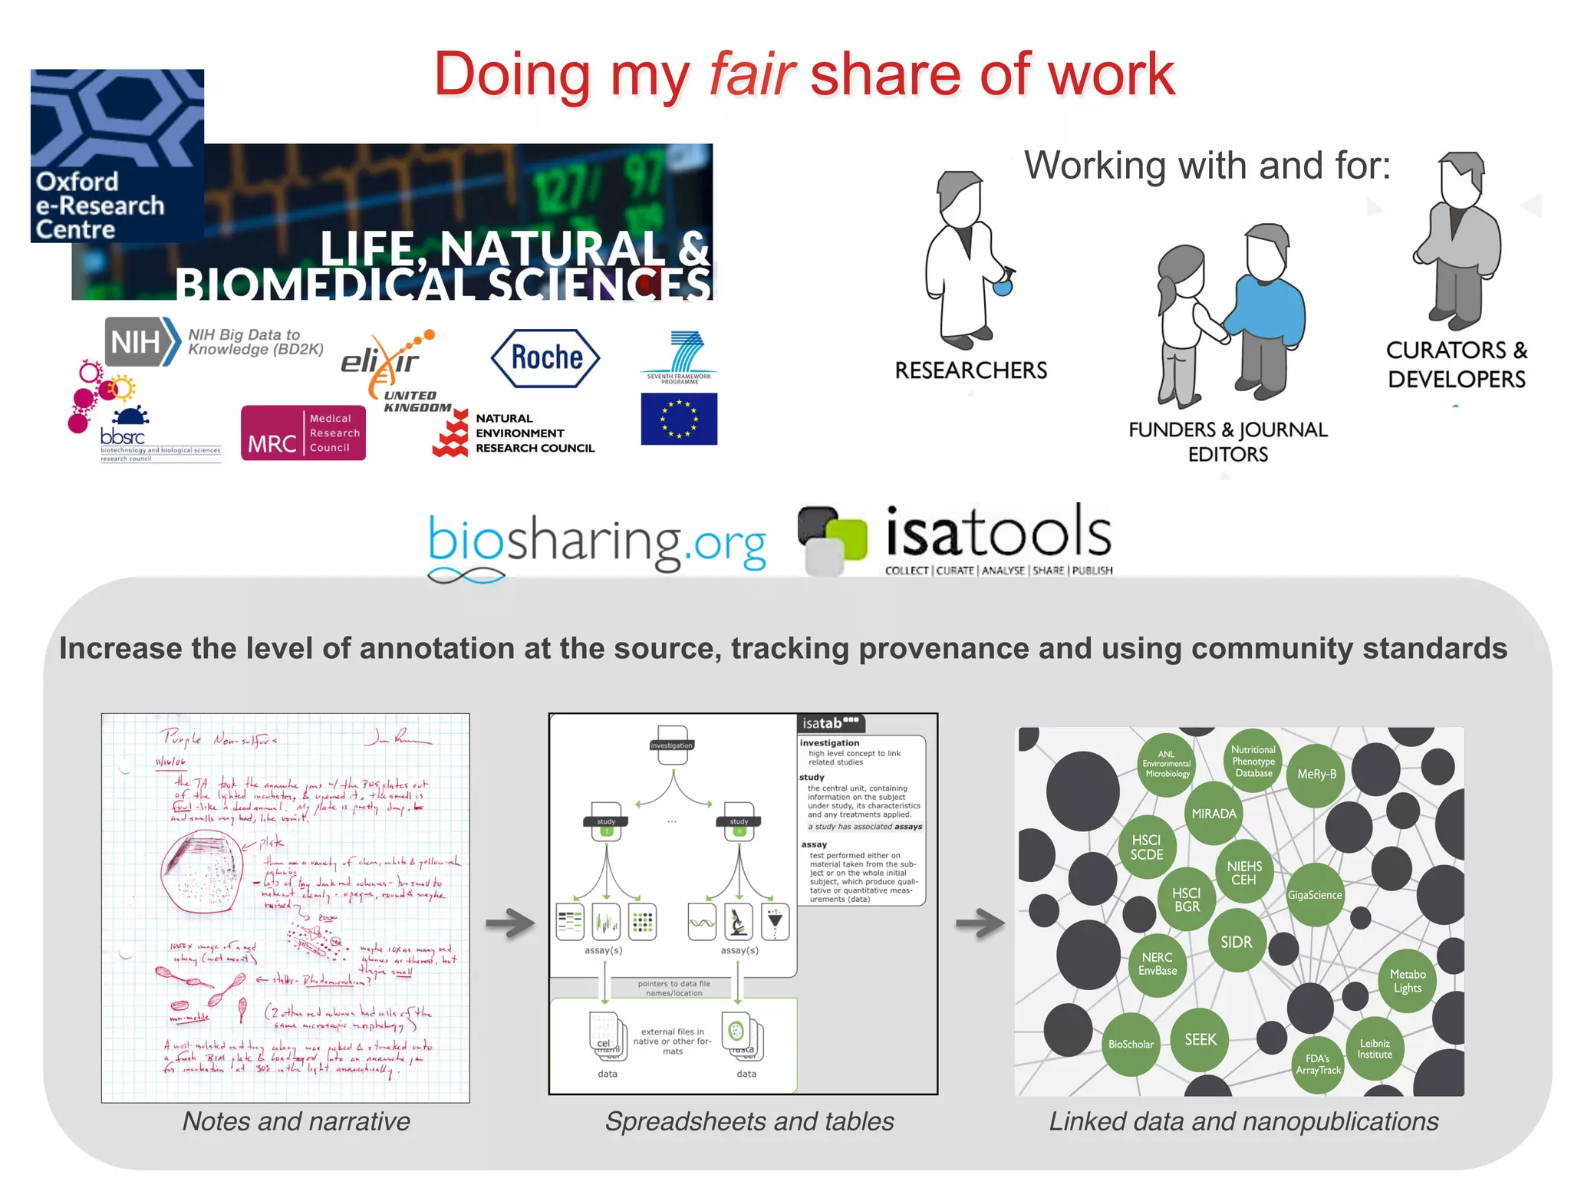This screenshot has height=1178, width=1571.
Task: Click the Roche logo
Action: [545, 358]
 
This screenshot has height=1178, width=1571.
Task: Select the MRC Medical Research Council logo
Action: [303, 433]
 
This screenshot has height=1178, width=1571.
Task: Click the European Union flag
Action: [679, 419]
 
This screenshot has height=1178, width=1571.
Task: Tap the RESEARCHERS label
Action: [970, 370]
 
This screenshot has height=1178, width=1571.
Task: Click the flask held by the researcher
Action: [1003, 286]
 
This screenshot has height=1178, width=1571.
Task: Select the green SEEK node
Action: [1200, 1040]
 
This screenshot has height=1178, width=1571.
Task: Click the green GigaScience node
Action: [1315, 895]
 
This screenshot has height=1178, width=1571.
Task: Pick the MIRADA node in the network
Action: [1214, 814]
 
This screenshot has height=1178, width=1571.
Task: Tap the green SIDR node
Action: [1236, 942]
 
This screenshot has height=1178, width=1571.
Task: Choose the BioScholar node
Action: [1131, 1044]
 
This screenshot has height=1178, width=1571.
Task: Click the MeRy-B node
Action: [1316, 775]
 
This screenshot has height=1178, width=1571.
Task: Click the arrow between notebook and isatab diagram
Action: [510, 923]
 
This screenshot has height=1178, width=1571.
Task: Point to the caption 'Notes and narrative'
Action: [296, 1121]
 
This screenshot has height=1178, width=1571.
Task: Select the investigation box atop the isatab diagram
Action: [672, 745]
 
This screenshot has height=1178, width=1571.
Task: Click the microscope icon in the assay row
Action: [739, 922]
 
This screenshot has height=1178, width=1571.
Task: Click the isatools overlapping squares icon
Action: [832, 538]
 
